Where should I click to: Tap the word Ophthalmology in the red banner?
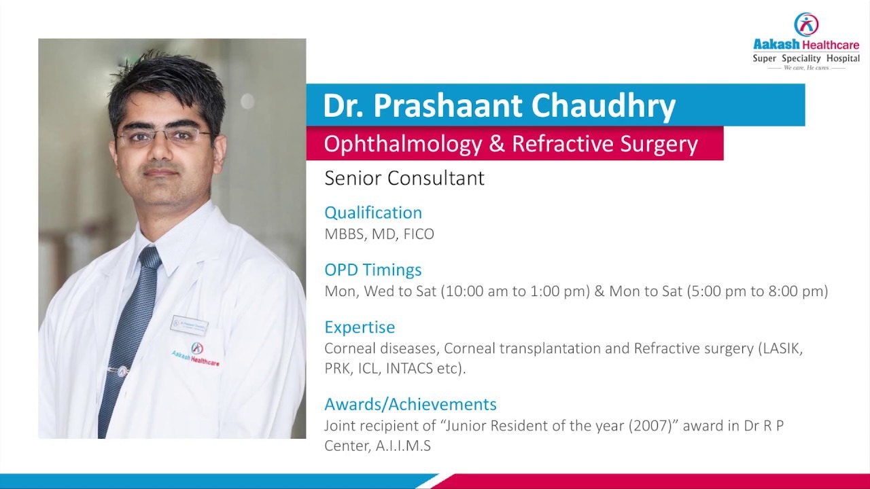(403, 145)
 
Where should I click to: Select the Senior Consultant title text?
(404, 179)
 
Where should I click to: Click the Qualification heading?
(373, 213)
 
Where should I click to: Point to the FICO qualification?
(419, 234)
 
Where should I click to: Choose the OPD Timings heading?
(373, 270)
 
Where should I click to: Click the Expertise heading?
(360, 327)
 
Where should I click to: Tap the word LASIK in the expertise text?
(783, 348)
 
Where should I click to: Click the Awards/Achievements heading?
(411, 404)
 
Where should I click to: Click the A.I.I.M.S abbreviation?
(403, 446)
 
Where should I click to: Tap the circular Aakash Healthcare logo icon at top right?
(806, 24)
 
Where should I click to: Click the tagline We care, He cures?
(806, 68)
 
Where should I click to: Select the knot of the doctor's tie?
(150, 257)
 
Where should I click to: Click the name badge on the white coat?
(190, 325)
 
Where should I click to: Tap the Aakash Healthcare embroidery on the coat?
(196, 354)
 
